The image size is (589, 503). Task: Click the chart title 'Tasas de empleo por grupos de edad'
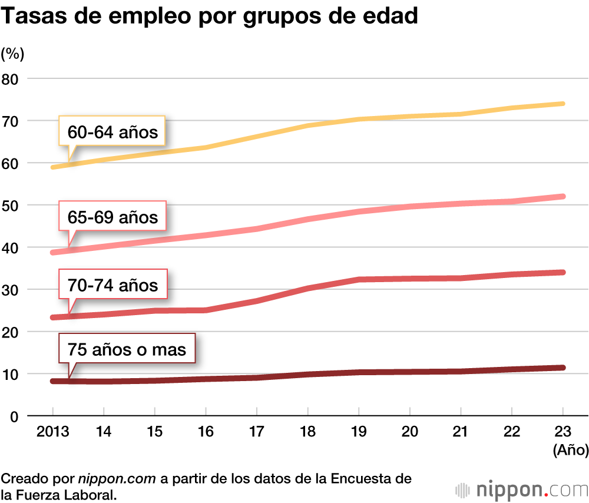(x=210, y=16)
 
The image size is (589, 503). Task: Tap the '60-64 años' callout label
(x=112, y=132)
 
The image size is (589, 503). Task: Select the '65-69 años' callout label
(x=112, y=217)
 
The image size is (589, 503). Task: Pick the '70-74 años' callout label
(x=112, y=285)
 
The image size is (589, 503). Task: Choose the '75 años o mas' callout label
(x=127, y=350)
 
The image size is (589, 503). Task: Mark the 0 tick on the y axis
(x=15, y=416)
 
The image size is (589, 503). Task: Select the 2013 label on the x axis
(x=52, y=432)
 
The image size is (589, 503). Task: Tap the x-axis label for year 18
(x=308, y=432)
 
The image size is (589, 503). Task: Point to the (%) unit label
(x=12, y=54)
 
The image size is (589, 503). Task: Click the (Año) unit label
(x=570, y=451)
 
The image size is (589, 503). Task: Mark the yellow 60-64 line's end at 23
(x=563, y=104)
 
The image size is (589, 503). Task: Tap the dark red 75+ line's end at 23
(x=563, y=368)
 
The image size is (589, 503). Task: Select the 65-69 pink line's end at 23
(x=563, y=196)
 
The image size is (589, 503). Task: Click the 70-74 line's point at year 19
(x=359, y=279)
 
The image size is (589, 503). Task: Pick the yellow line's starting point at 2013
(x=53, y=167)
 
